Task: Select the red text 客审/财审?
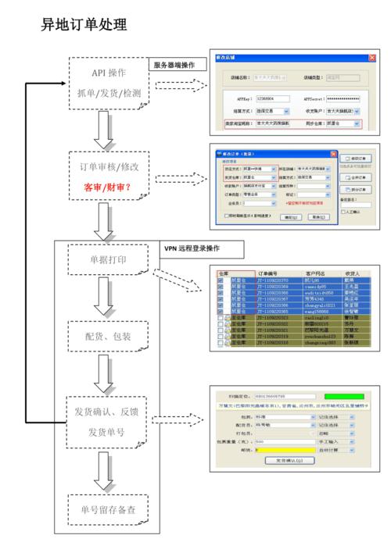(x=108, y=187)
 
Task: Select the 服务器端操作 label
(x=174, y=66)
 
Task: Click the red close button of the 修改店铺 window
(x=371, y=58)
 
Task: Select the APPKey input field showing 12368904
(x=274, y=98)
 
